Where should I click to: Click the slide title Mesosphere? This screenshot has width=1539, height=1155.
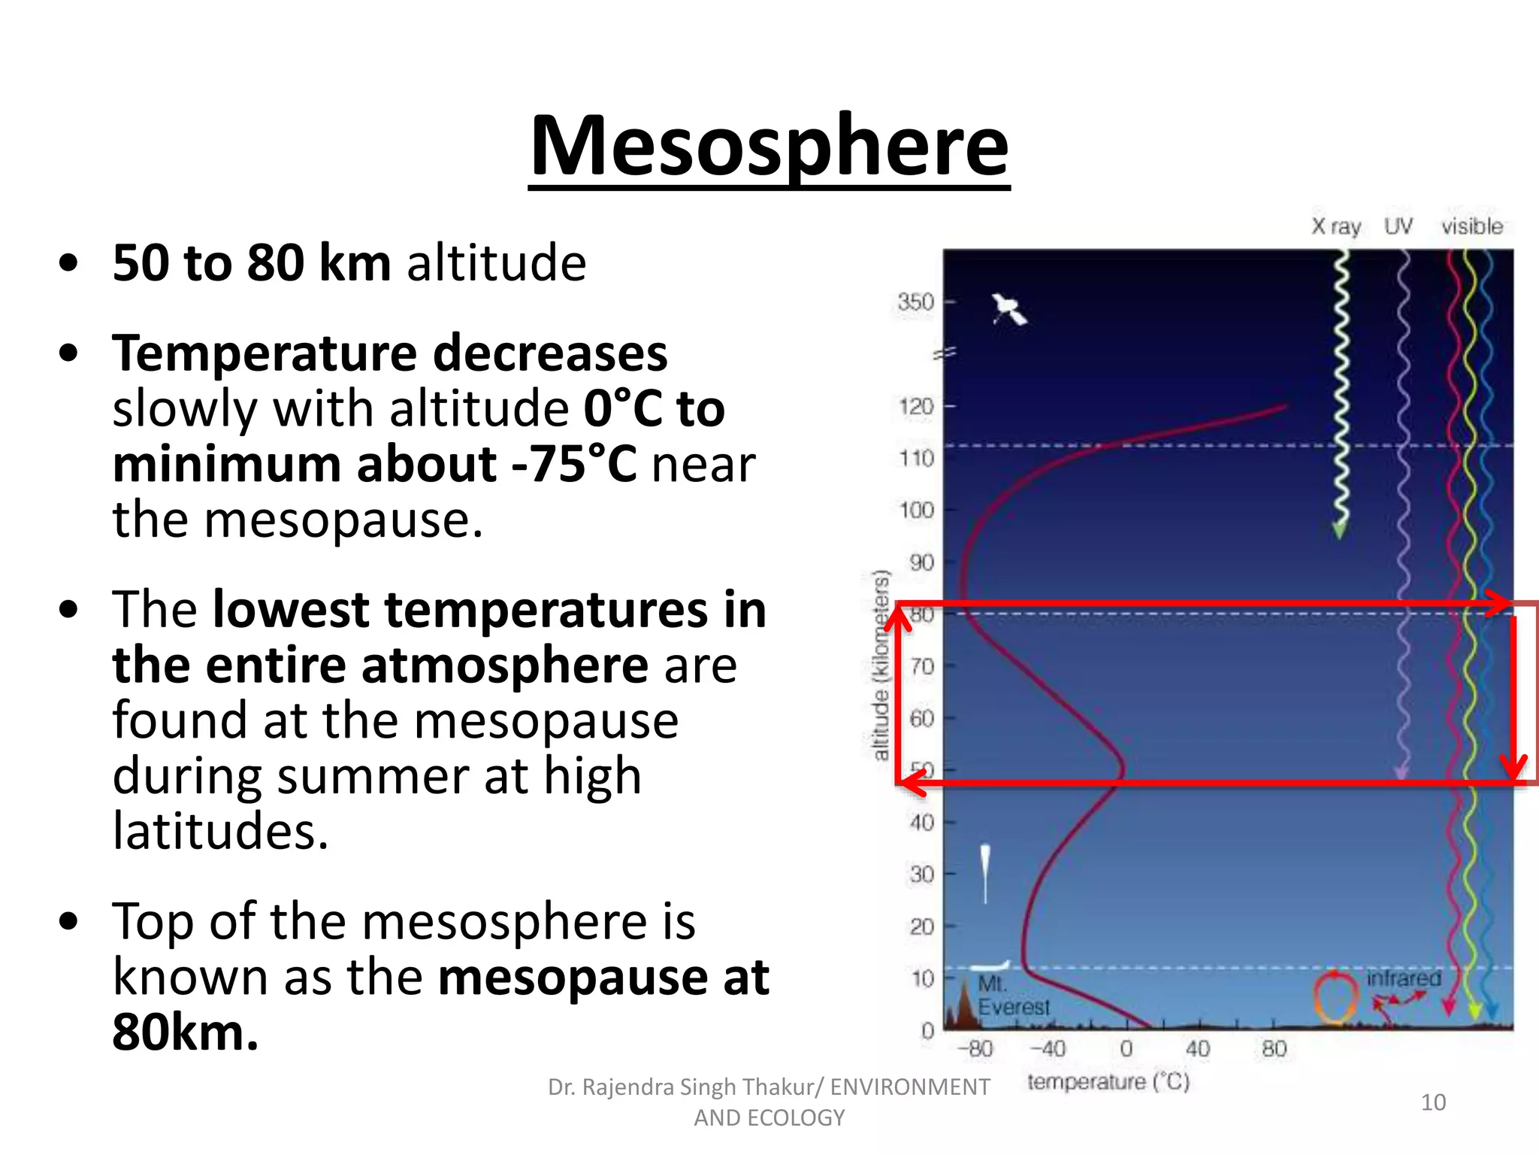(769, 147)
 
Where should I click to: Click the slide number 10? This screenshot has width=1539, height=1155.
(1433, 1102)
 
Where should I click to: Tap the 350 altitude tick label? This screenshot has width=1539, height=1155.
(915, 302)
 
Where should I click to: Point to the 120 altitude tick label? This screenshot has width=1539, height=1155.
(916, 407)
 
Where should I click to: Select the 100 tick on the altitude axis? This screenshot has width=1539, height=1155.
(916, 511)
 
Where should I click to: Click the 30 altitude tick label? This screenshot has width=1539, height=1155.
(921, 875)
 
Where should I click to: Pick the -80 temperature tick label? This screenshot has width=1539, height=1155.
(975, 1048)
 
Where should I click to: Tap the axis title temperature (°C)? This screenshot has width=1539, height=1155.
(1108, 1082)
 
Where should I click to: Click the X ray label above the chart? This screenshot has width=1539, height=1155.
(1336, 226)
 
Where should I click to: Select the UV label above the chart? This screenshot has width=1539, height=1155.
(1398, 226)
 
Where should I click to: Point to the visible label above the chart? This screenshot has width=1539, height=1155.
(1471, 226)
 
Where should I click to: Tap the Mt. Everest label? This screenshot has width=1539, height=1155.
(1012, 996)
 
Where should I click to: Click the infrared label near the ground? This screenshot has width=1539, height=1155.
(1403, 978)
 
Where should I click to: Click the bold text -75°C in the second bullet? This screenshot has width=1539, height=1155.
(575, 464)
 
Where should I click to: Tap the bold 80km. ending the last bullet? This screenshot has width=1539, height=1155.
(185, 1032)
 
